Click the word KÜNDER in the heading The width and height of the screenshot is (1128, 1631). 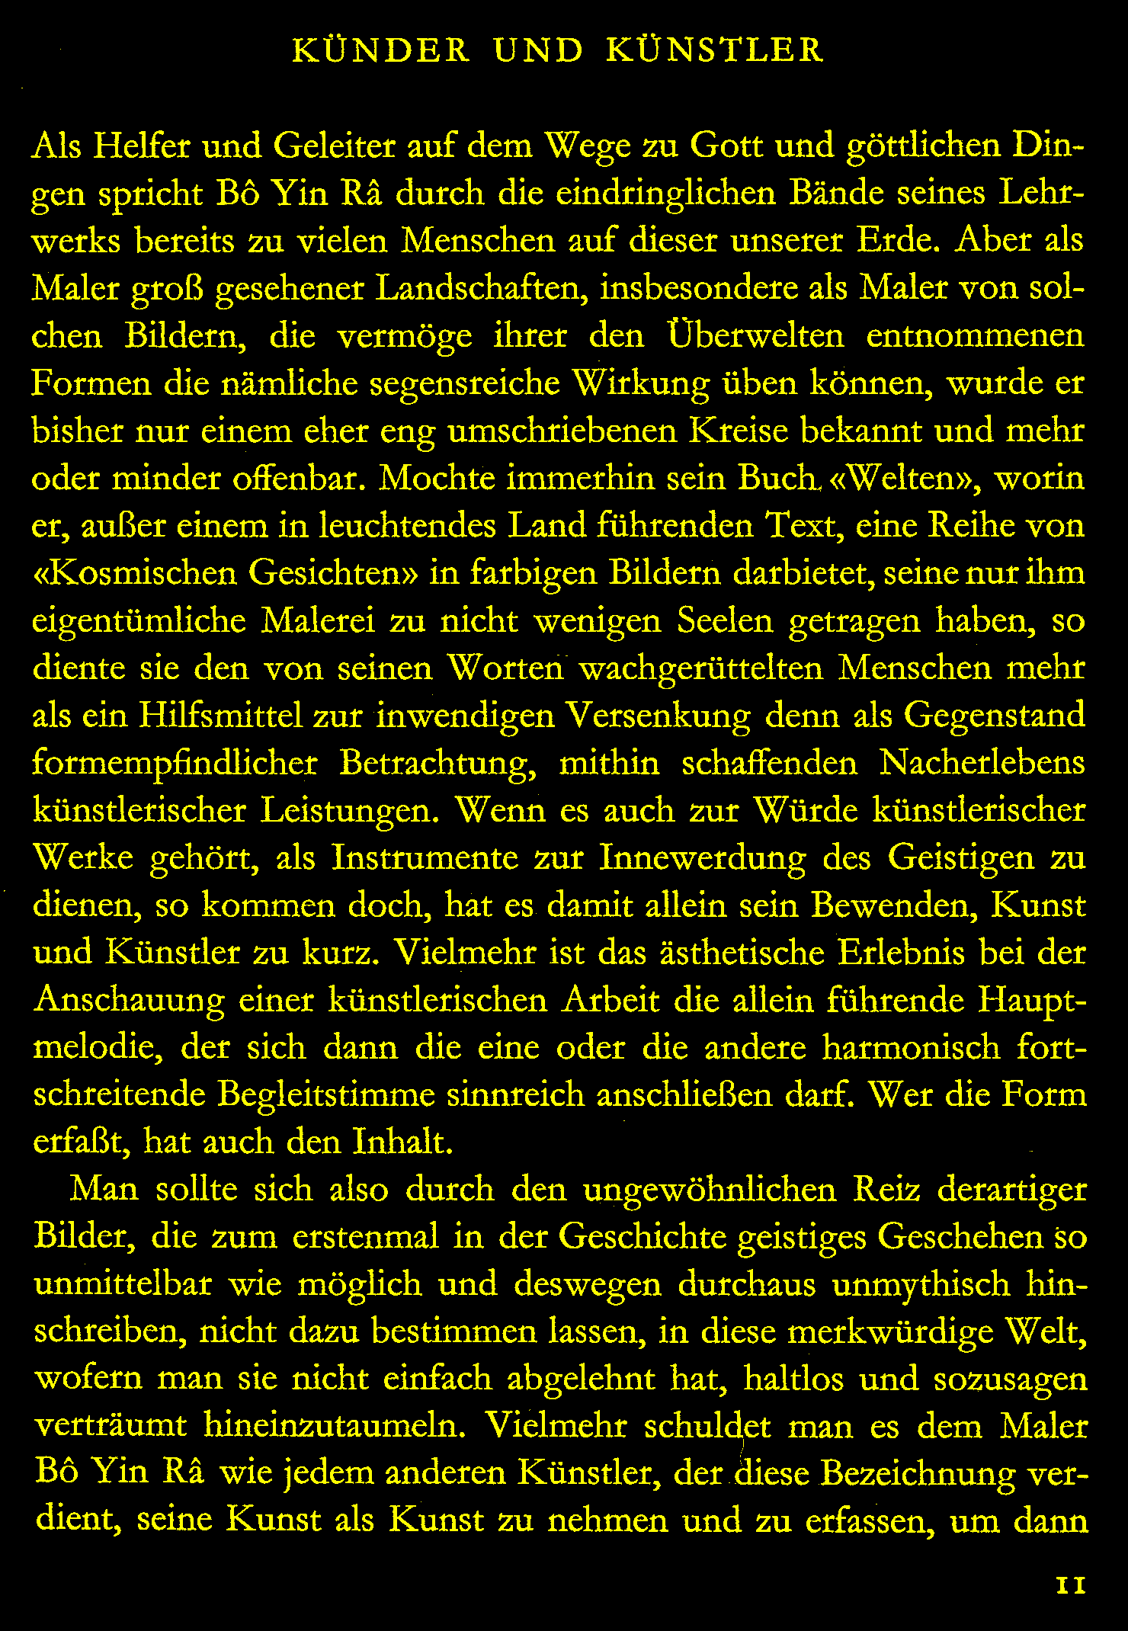tap(382, 50)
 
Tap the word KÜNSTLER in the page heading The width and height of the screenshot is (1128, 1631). tap(715, 50)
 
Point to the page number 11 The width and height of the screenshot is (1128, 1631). tap(1071, 1585)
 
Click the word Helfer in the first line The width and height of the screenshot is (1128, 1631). tap(139, 146)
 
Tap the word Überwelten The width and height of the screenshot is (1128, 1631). tap(755, 336)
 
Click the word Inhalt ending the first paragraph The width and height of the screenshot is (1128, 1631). tap(402, 1142)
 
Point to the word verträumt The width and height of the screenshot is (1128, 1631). tap(111, 1426)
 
